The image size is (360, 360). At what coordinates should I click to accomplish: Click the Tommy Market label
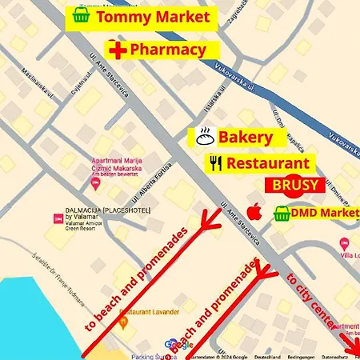(152, 16)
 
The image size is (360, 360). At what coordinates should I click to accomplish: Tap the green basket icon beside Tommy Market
(80, 15)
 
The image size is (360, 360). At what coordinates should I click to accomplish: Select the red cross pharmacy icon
(118, 50)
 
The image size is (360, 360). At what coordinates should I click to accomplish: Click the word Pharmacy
(168, 50)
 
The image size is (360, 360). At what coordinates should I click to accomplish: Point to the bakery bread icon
(202, 137)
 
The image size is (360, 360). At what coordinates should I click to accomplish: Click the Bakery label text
(245, 137)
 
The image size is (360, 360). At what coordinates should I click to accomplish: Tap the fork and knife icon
(214, 163)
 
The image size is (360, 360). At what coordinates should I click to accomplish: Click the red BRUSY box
(295, 186)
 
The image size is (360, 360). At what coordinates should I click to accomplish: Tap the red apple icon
(254, 212)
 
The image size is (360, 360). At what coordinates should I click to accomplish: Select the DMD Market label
(326, 213)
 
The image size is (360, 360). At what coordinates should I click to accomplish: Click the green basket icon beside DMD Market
(281, 214)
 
